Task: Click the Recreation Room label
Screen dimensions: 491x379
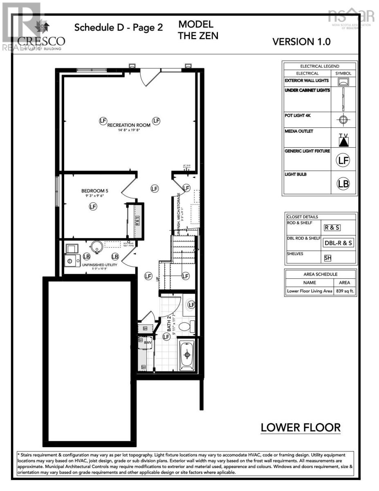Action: coord(128,125)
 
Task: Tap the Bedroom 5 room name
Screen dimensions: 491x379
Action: coord(94,191)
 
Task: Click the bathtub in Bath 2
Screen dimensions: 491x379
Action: coord(187,355)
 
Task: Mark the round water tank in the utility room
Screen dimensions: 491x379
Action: coord(96,247)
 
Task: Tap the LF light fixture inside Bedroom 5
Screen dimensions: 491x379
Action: coord(93,207)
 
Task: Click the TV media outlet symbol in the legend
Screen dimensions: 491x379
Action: coord(343,140)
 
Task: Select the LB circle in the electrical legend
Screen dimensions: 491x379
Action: coord(343,184)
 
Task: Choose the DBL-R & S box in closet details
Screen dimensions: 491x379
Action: coord(338,243)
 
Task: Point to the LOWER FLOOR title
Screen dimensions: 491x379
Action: coord(301,428)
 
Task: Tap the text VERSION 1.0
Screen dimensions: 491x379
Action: coord(301,42)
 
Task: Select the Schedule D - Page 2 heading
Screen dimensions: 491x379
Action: coord(119,28)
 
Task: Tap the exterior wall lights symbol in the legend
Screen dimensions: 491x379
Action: coord(343,81)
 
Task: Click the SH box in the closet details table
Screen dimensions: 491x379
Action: coord(327,258)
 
